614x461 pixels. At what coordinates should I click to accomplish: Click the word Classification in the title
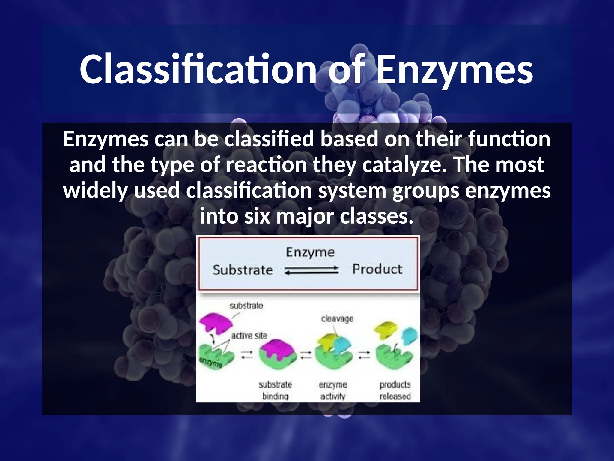tap(198, 70)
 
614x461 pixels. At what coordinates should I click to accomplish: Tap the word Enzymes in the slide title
tap(454, 70)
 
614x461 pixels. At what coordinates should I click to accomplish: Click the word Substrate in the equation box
tap(243, 270)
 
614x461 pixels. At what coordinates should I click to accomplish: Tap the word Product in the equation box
tap(377, 269)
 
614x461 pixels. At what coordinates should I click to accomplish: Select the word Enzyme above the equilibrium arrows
tap(310, 252)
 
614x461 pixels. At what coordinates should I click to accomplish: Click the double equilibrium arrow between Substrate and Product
tap(311, 270)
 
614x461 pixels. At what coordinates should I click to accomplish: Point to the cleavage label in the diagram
tap(337, 319)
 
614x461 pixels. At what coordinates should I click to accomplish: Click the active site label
tap(249, 336)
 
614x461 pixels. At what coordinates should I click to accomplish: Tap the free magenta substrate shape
tap(216, 323)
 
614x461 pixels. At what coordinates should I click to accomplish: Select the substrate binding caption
tap(275, 390)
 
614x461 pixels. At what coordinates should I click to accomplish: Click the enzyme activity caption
tap(333, 390)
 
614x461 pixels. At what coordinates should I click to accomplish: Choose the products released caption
tap(395, 390)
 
